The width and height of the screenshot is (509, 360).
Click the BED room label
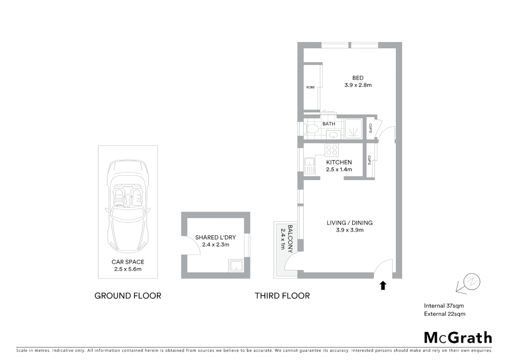[x=358, y=78]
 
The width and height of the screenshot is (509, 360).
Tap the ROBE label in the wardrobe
[x=310, y=87]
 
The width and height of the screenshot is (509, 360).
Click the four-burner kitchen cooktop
[x=331, y=150]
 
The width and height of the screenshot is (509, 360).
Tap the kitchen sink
[x=309, y=166]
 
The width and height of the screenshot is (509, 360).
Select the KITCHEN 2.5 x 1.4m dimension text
[x=339, y=169]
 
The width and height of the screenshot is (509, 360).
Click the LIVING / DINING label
[x=349, y=223]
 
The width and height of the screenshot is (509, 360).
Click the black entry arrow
[x=383, y=285]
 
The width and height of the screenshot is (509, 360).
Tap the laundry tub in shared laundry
[x=237, y=266]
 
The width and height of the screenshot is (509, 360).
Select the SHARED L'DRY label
[x=215, y=237]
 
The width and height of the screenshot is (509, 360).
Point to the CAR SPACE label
[x=128, y=262]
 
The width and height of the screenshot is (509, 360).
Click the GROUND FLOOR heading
[x=128, y=296]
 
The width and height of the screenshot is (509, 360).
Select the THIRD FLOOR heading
[x=282, y=296]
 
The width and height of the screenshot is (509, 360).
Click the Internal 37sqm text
[x=444, y=306]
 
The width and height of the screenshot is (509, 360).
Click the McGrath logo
[x=458, y=338]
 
